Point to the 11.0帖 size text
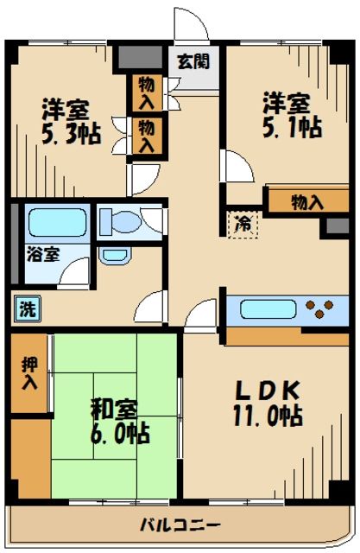268,416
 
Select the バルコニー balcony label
180,525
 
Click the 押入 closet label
28,369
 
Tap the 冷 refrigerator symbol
243,223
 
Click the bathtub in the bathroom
55,222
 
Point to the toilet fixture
129,221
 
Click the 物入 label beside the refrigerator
306,202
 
